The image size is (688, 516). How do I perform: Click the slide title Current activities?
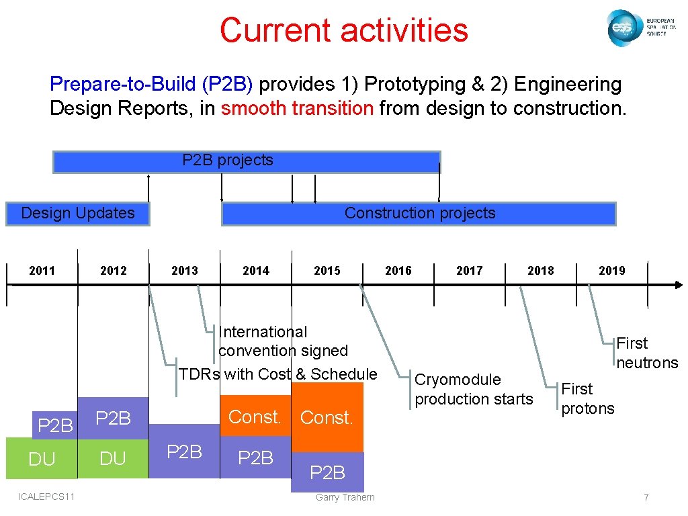click(x=343, y=30)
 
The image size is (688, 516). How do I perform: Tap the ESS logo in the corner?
click(x=637, y=28)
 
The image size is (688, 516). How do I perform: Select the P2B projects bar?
click(x=246, y=161)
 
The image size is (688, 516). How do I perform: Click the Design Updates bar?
click(x=78, y=214)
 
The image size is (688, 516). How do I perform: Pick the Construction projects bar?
click(x=419, y=214)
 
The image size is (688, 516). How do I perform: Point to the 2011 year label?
click(x=42, y=271)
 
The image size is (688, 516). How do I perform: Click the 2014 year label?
click(x=256, y=271)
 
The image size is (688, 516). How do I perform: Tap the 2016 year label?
click(x=398, y=271)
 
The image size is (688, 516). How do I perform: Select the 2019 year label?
click(x=611, y=271)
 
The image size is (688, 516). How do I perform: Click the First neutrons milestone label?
click(x=647, y=353)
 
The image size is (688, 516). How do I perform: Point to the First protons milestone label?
click(x=587, y=398)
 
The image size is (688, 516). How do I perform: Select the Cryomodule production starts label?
click(x=473, y=389)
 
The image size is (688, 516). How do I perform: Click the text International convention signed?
click(x=283, y=341)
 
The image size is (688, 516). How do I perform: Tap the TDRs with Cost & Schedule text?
click(x=277, y=374)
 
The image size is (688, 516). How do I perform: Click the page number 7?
click(x=646, y=497)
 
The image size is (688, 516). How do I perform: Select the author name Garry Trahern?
click(x=345, y=497)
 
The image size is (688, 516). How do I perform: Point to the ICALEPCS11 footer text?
click(x=48, y=496)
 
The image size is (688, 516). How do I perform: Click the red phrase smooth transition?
click(x=296, y=108)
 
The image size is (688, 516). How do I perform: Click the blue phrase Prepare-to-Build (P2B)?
click(x=151, y=84)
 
